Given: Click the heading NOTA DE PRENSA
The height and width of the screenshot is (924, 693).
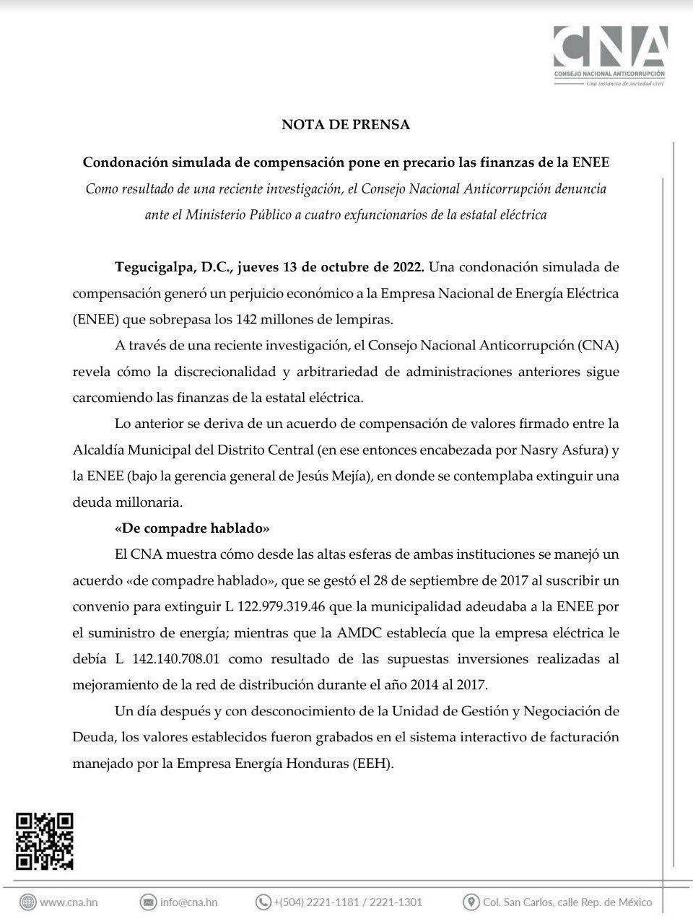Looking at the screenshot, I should (x=346, y=124).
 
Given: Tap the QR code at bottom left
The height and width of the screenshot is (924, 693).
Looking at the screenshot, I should (x=45, y=841).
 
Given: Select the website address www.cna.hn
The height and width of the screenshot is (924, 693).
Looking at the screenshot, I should (x=69, y=902).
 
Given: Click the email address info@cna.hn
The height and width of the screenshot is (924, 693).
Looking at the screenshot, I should (x=188, y=902).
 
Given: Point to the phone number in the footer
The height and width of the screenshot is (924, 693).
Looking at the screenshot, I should (x=348, y=902).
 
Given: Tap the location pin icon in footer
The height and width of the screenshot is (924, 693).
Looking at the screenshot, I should (x=471, y=902).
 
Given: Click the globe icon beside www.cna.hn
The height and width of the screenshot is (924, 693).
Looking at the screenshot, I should (x=28, y=902).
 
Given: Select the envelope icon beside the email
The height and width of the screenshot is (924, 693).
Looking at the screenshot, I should (x=149, y=902).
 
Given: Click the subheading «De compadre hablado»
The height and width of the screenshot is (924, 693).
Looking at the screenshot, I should (x=192, y=528).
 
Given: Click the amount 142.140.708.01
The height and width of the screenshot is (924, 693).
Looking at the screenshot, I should (x=183, y=658).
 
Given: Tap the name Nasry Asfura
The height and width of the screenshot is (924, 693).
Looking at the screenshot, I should (x=571, y=450).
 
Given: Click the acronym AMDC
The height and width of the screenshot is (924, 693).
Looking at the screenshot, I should (x=357, y=632).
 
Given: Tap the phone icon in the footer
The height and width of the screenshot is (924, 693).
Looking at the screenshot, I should (x=263, y=902).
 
